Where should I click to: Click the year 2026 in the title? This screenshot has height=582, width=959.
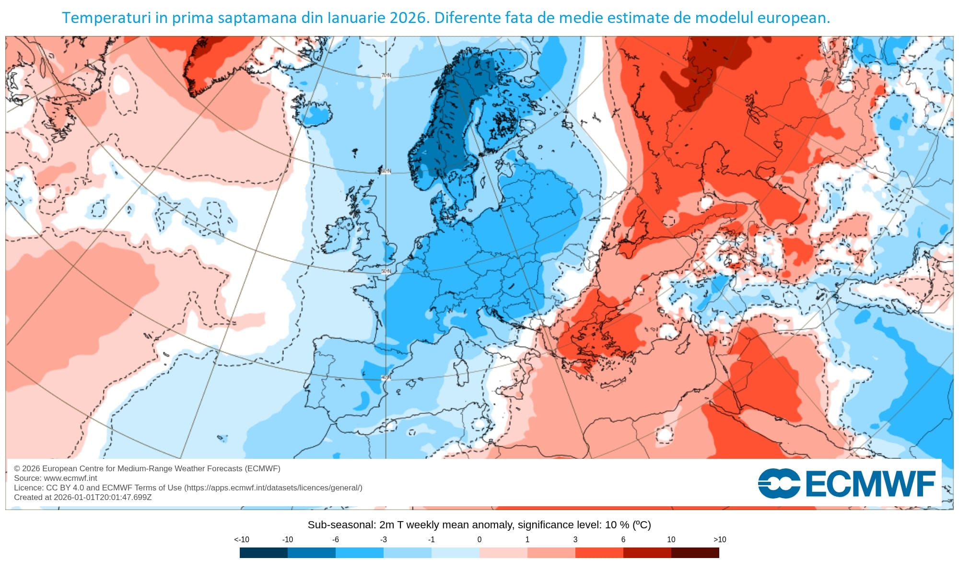coord(408,18)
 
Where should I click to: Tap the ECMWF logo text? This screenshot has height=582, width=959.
coord(870,484)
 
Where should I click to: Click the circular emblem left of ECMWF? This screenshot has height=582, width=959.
coord(779,484)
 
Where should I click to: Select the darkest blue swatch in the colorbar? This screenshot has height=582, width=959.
coord(263,553)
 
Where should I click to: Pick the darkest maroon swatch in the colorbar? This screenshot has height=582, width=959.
coord(695,553)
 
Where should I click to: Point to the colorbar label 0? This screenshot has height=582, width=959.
coord(479,540)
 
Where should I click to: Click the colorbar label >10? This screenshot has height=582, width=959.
coord(719,540)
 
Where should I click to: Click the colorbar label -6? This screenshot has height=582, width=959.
coord(335,540)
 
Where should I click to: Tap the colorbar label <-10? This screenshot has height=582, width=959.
coord(241,540)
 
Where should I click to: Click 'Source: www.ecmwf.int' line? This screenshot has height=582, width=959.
coord(56,478)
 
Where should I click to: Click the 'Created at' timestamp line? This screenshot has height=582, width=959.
coord(82,497)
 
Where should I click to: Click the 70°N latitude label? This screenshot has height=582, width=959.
coord(386,76)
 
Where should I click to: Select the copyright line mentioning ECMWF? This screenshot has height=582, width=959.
coord(147,468)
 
